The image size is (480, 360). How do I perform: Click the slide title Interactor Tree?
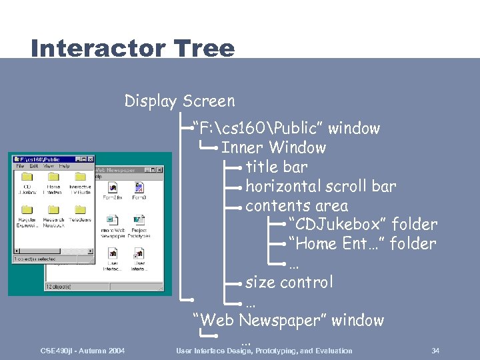(133, 48)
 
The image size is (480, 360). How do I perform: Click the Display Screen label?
(179, 101)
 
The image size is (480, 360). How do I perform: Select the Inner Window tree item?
(273, 147)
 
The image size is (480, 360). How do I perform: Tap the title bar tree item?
(277, 167)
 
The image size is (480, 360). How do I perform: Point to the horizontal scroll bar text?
(321, 186)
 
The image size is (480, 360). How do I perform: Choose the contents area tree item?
(297, 206)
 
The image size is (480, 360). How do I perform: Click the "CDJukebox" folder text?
(363, 225)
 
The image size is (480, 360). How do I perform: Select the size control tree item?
(289, 282)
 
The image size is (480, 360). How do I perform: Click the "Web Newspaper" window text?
(288, 320)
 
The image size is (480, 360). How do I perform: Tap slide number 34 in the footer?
(435, 351)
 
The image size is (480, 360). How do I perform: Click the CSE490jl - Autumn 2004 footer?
(82, 351)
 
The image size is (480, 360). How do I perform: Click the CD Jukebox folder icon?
(27, 177)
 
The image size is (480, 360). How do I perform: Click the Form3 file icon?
(139, 187)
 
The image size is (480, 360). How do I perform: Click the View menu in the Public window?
(49, 167)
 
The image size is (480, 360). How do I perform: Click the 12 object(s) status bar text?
(59, 286)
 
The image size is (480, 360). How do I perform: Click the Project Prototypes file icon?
(139, 220)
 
